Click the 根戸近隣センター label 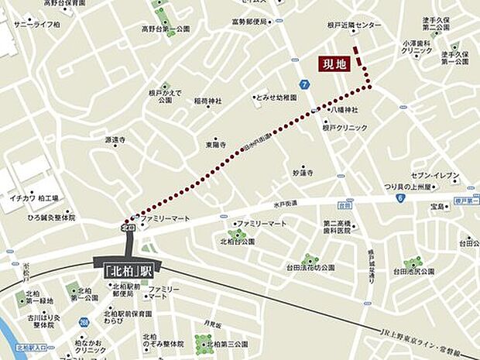(355, 26)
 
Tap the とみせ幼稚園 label (277, 98)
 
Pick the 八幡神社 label (341, 111)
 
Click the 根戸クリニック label (345, 128)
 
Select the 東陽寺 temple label (215, 144)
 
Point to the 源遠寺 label (115, 140)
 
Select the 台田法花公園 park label (310, 267)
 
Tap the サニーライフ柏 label (36, 26)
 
